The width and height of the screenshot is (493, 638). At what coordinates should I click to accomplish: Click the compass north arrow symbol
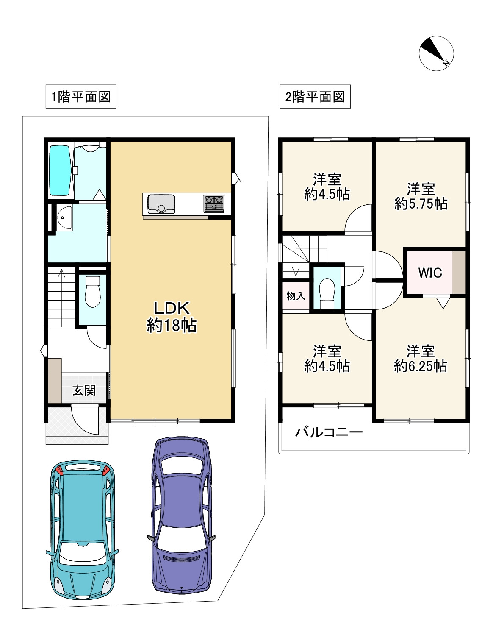[436, 53]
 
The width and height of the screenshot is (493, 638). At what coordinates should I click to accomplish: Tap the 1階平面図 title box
[81, 97]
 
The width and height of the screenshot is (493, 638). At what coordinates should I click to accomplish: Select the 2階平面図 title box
[315, 97]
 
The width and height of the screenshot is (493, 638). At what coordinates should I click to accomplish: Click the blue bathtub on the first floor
[61, 170]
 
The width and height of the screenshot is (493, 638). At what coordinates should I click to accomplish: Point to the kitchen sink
[161, 204]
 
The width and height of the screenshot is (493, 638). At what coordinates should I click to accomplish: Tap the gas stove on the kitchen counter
[214, 204]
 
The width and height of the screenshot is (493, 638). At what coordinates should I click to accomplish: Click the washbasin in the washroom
[64, 218]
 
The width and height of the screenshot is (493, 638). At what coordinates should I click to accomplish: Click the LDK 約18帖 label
[172, 317]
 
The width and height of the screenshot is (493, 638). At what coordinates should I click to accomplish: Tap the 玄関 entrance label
[84, 390]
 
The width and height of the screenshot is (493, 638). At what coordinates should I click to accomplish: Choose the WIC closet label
[430, 273]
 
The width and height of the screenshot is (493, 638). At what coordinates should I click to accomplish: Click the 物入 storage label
[296, 295]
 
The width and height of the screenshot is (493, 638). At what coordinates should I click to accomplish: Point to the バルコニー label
[329, 432]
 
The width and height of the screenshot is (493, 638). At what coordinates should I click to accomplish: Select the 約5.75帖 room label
[421, 203]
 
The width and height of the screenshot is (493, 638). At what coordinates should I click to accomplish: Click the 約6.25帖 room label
[421, 366]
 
